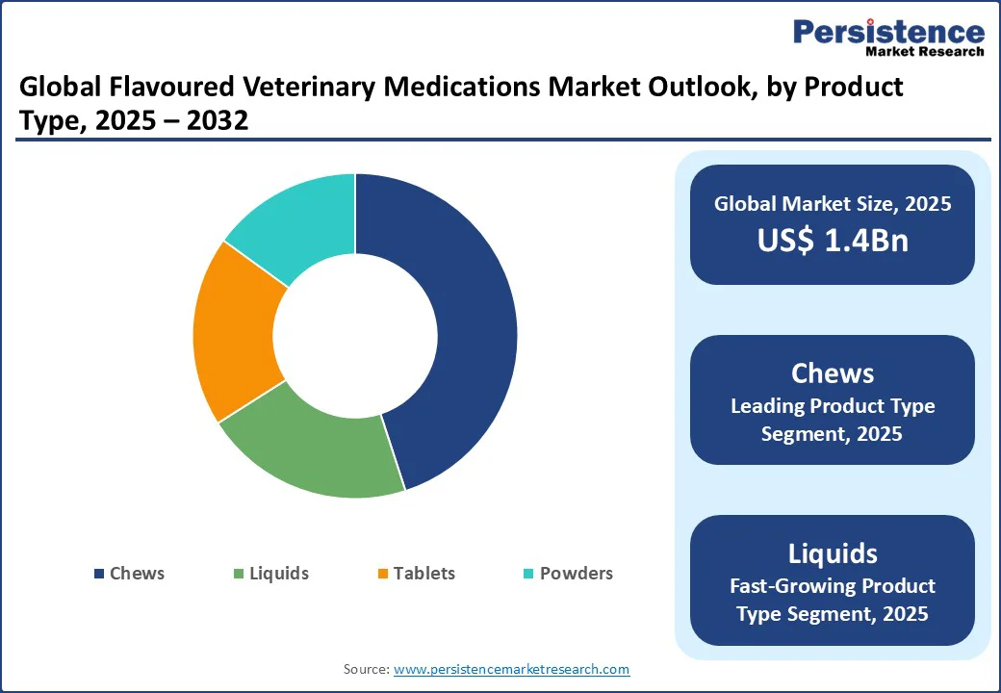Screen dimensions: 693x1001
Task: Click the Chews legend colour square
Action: point(99,574)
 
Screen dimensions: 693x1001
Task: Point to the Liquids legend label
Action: point(278,574)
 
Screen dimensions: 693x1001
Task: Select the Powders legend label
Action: point(576,574)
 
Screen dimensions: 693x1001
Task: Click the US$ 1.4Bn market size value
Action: point(832,241)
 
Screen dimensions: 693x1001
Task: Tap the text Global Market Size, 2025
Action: point(832,204)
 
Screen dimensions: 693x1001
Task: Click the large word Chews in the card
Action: point(832,373)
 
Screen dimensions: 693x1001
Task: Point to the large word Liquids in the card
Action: point(832,553)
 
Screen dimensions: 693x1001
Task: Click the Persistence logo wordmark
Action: point(887,32)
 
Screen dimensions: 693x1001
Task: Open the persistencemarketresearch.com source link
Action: point(511,669)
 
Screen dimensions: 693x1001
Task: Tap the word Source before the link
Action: point(366,669)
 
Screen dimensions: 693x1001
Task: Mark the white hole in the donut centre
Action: point(355,335)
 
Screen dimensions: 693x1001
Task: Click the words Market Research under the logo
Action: point(925,52)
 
